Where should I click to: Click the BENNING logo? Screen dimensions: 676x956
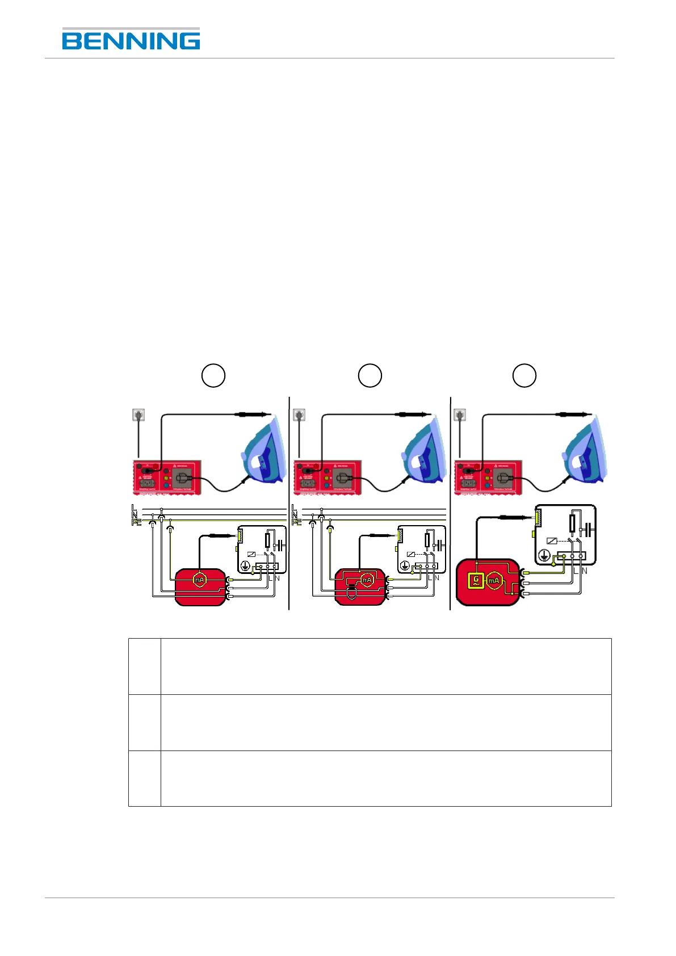(x=131, y=40)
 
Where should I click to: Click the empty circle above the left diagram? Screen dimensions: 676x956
(x=213, y=375)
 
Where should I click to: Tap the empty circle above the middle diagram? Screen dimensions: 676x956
(x=370, y=375)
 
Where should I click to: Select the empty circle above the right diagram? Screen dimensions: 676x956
(x=524, y=375)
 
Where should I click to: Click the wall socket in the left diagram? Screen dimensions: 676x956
(x=138, y=415)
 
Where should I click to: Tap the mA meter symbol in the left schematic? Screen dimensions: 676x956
(x=199, y=580)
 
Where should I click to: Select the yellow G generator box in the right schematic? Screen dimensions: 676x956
(x=476, y=580)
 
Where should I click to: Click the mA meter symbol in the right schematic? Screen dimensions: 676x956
(x=494, y=580)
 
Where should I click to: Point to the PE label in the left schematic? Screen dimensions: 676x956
(x=136, y=522)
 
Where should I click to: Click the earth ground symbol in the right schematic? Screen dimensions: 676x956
(x=544, y=556)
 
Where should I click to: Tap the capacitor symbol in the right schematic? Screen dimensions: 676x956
(x=591, y=530)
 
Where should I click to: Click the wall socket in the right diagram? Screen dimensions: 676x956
(x=460, y=415)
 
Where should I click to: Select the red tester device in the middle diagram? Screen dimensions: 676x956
(x=327, y=477)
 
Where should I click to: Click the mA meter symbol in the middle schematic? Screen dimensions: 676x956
(x=367, y=580)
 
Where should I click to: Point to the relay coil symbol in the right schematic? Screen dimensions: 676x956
(x=551, y=541)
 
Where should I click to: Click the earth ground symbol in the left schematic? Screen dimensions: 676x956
(x=245, y=565)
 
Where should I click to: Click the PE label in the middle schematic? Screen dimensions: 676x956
(x=296, y=522)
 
